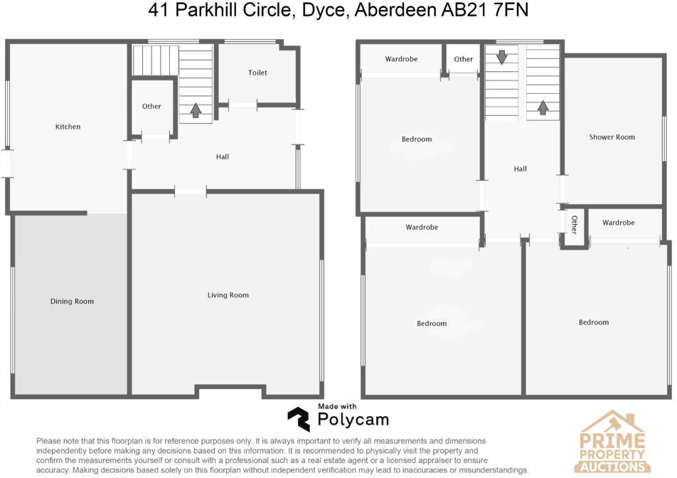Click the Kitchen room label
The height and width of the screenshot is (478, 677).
point(68,127)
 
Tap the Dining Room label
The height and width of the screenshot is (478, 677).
point(72,302)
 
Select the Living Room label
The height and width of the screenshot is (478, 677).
point(228,295)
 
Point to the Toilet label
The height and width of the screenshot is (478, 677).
point(257,73)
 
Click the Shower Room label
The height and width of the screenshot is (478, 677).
point(612,137)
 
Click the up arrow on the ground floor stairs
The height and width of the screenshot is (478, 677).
point(196,110)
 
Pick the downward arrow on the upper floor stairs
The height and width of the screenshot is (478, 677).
point(502,58)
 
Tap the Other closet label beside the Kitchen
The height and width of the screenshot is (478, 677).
point(151,107)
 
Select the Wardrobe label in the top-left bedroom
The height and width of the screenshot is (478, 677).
point(401,59)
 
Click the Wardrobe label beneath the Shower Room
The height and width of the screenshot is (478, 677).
point(618,223)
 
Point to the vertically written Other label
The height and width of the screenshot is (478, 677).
point(574,225)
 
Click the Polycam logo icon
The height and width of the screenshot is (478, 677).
point(299,420)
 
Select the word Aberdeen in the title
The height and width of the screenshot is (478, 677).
point(410,11)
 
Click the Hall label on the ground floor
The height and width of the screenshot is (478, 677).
point(223,156)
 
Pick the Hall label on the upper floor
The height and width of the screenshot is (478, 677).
point(520,169)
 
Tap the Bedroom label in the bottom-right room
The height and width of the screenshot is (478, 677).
point(593,322)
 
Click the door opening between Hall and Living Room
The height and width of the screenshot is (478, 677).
point(190,191)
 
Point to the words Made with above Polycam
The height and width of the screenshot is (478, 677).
point(337,406)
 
